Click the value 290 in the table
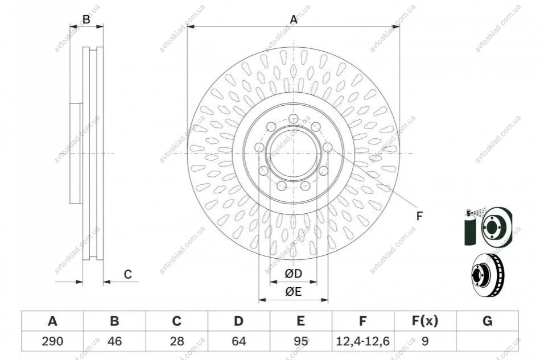coord(53,341)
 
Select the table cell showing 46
coord(115,341)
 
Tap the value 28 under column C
coord(176,341)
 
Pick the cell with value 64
coord(238,341)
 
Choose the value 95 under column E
coord(300,341)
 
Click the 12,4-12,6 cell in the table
coord(362,341)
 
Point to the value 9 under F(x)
coord(425,341)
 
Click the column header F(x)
coord(425,321)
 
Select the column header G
coord(487,321)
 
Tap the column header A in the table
coord(53,321)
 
